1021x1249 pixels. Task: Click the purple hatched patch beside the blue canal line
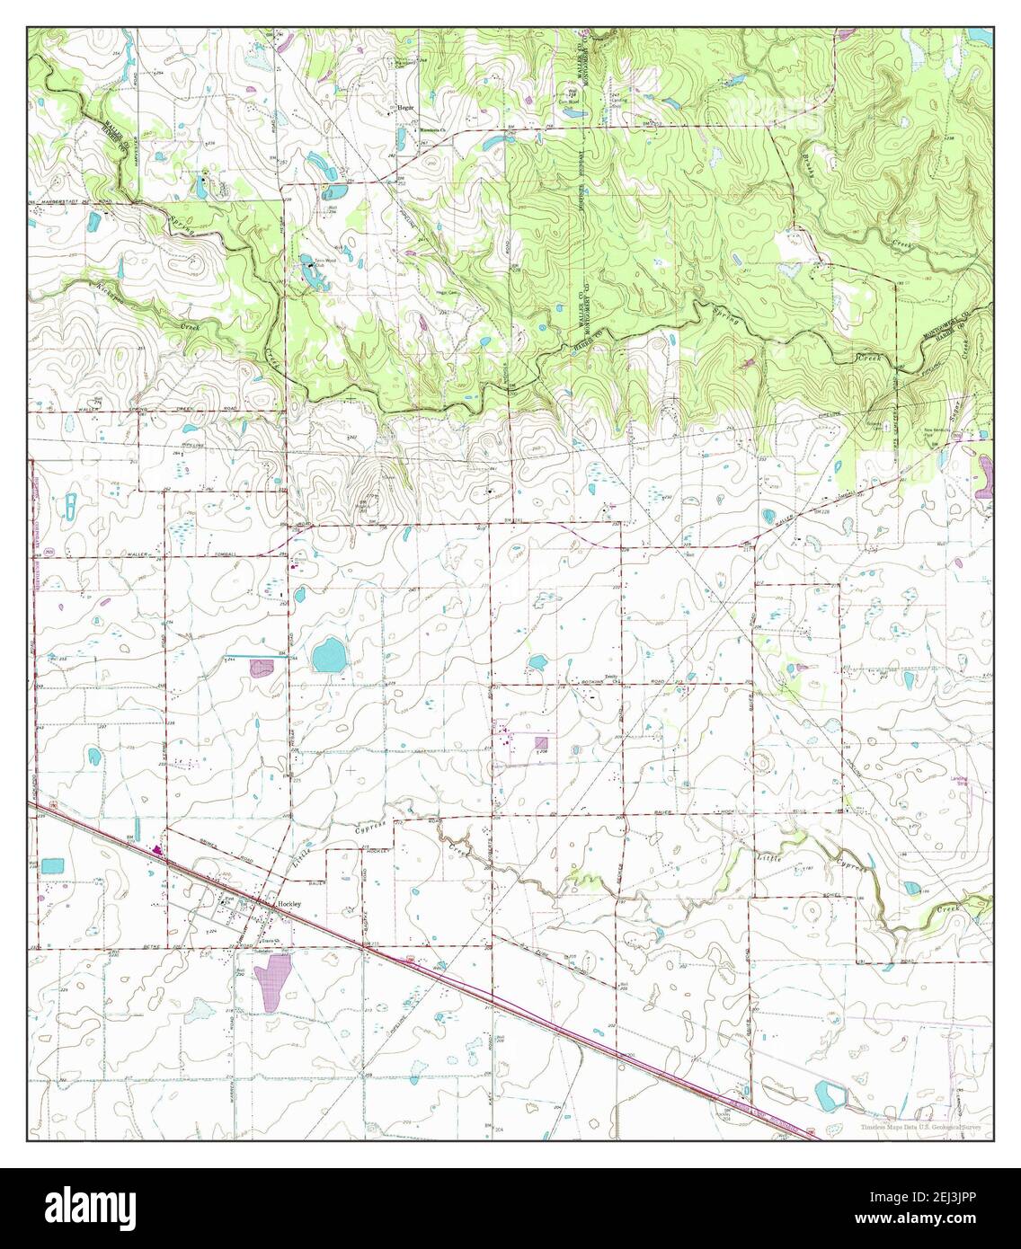tap(262, 668)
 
